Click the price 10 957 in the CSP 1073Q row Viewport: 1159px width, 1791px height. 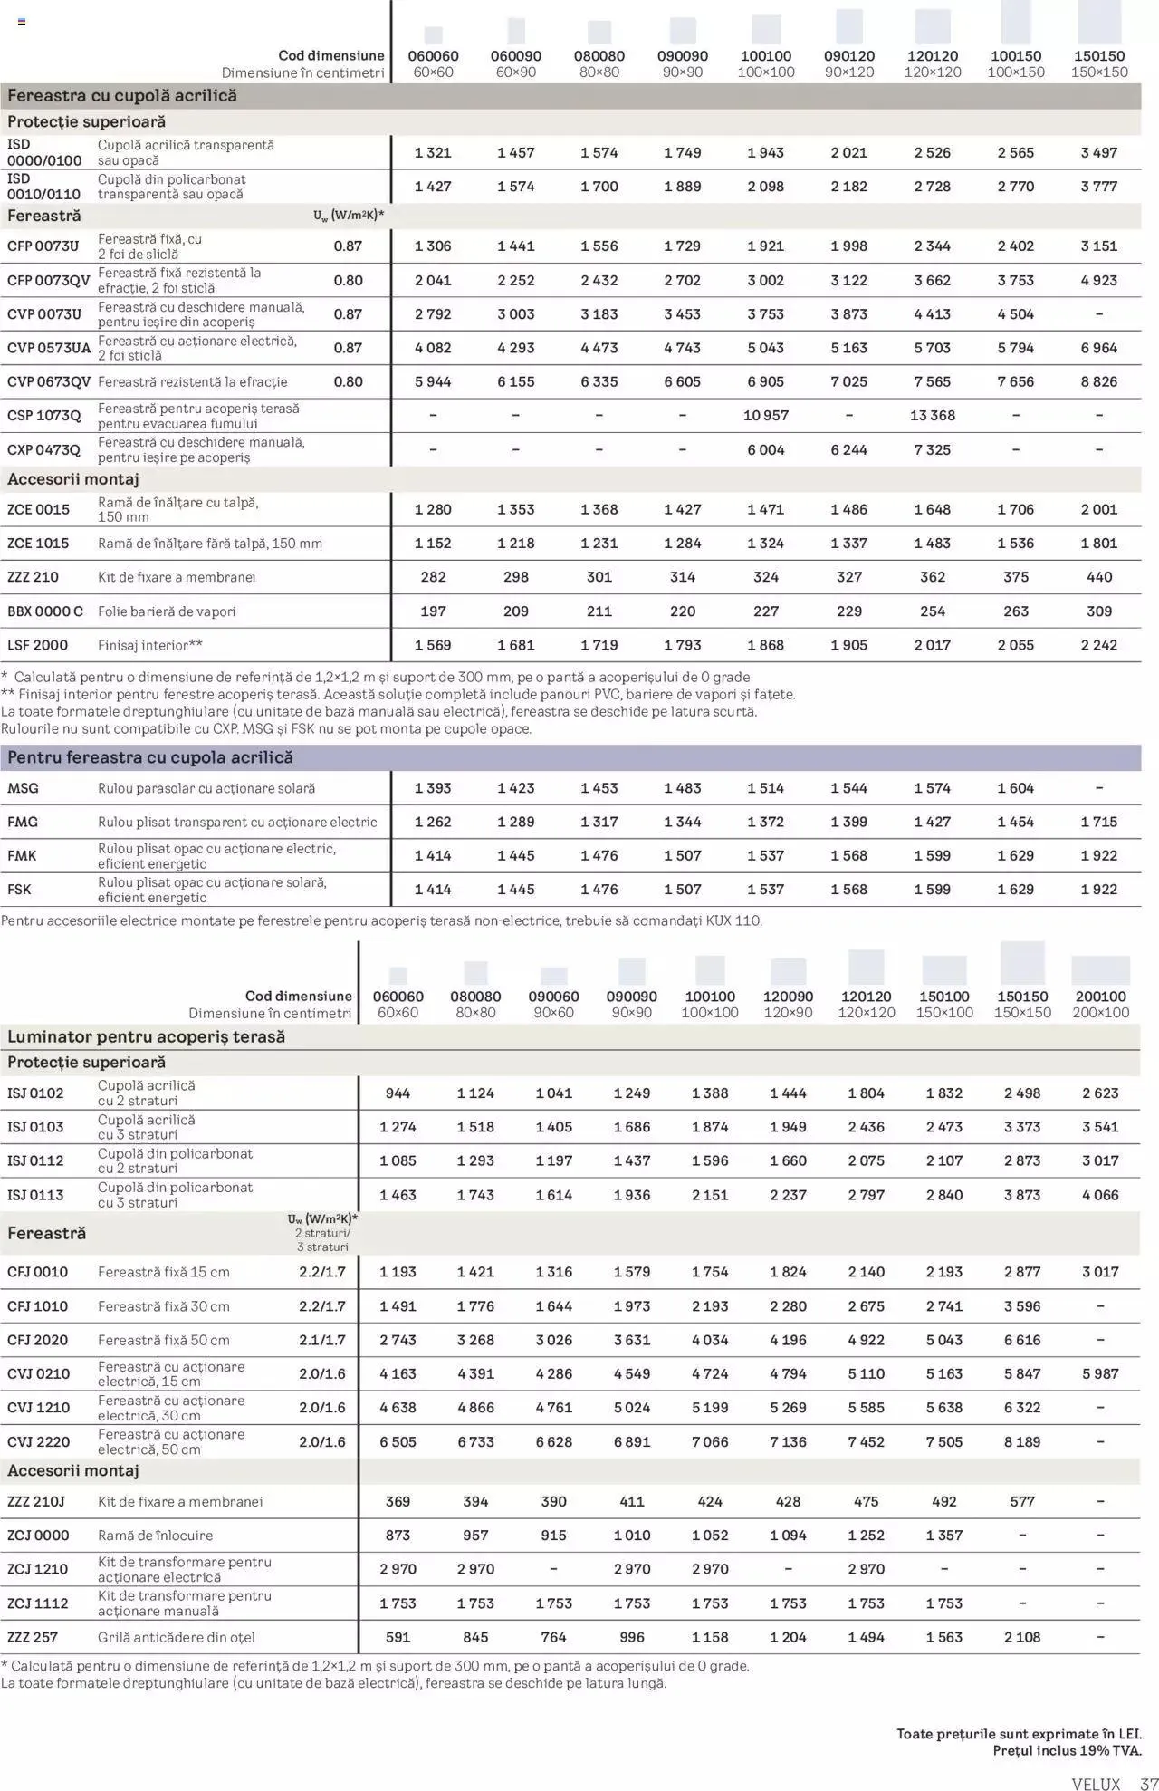(765, 416)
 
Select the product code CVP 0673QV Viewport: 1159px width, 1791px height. (49, 382)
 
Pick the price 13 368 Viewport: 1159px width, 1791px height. (932, 416)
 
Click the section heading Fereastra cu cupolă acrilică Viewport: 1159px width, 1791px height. (122, 96)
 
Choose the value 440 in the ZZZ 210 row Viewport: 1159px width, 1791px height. (1098, 577)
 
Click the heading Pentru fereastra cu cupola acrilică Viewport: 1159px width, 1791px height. (150, 758)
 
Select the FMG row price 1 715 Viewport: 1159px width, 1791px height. (1098, 823)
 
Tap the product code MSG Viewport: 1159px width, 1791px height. (24, 789)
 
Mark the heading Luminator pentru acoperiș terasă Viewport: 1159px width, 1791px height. (146, 1037)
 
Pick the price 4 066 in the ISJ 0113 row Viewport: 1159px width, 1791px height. (1100, 1196)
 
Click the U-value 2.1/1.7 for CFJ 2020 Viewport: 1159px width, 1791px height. (322, 1341)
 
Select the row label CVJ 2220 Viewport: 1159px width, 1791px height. (38, 1442)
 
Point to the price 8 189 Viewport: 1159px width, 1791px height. (1021, 1442)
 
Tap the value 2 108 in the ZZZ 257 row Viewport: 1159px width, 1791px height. (1021, 1638)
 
